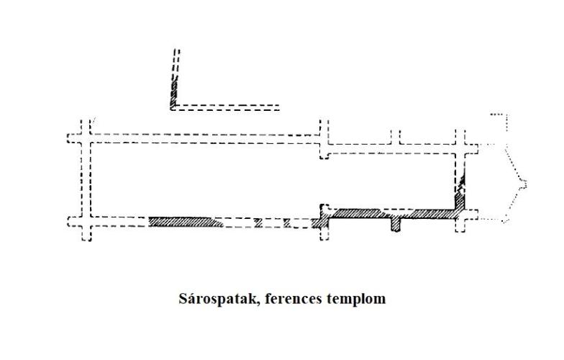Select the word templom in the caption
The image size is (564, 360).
[356, 299]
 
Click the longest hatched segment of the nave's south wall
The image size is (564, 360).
[186, 222]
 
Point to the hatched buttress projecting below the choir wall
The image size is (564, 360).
[396, 225]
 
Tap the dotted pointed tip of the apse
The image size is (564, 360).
[525, 184]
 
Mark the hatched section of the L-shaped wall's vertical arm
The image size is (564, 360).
[174, 94]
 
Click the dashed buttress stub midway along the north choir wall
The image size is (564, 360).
[396, 137]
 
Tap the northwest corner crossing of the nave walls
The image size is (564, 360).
[86, 138]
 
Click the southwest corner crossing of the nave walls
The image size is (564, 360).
[86, 222]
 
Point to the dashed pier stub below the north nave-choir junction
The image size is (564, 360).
[324, 152]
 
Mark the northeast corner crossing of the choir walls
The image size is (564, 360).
[460, 148]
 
